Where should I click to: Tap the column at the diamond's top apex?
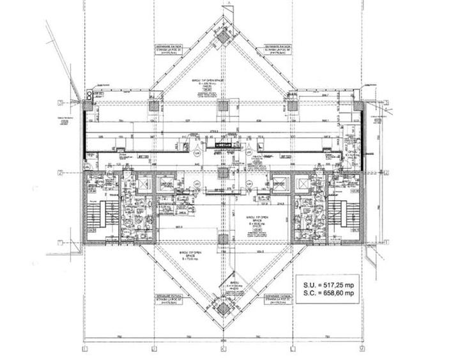pos(223,37)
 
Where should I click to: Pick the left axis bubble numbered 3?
pos(59,103)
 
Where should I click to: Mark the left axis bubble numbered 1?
pos(59,242)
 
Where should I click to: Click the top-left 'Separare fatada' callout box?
pos(167,51)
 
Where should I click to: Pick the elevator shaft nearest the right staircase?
pos(302,185)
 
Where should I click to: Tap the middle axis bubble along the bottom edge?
pos(223,348)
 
